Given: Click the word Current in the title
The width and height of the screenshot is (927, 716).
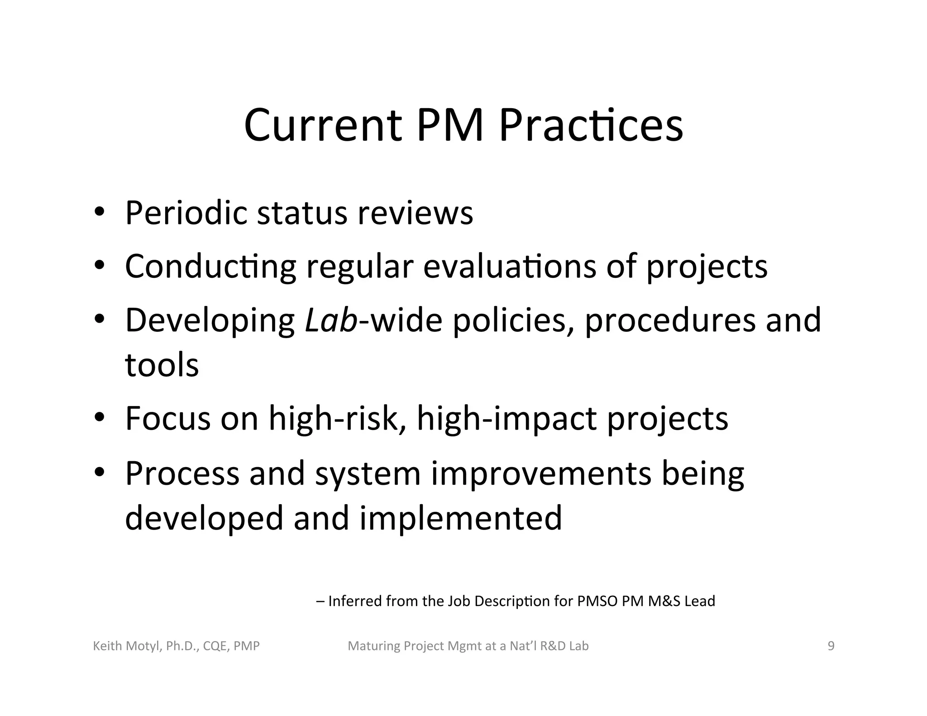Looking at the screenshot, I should coord(323,125).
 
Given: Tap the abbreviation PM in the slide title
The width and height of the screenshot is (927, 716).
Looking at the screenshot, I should coord(450,125).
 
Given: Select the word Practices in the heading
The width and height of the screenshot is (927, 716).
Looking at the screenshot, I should coord(591,125).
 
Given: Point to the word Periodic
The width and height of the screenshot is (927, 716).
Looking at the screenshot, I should coord(186,213).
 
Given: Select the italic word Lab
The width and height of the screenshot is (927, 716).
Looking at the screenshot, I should coord(331,320).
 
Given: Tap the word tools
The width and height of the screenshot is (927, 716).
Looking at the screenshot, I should coord(162,365).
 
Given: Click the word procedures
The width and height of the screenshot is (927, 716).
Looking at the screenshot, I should coord(670,320).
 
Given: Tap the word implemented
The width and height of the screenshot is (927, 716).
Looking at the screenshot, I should coord(461,518).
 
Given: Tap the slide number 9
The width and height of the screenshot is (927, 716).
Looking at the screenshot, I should coord(831,646).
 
